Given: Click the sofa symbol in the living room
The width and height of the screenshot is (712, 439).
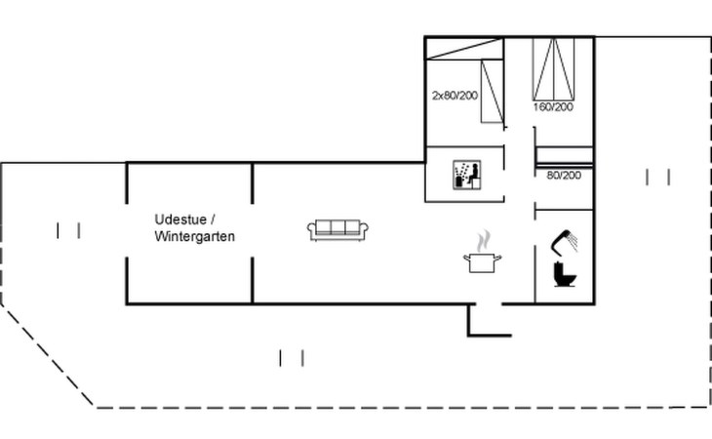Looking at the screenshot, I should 338,229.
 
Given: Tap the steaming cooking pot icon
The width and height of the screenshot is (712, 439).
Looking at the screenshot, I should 483,261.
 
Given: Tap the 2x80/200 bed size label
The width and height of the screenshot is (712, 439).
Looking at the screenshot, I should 455,96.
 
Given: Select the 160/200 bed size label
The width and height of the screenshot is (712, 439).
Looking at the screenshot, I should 553,106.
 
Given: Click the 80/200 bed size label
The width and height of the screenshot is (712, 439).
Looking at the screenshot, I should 564,176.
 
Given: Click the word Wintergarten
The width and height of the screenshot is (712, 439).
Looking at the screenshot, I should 194,236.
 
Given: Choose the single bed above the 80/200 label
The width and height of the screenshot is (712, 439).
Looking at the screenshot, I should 565,154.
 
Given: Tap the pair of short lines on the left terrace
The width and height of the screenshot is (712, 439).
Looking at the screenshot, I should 68,230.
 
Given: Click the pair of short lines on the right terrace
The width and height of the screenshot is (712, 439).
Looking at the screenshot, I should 658,177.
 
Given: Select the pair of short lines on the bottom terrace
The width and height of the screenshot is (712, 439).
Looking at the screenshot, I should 292,358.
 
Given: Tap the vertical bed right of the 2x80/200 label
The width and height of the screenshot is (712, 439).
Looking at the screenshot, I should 492,91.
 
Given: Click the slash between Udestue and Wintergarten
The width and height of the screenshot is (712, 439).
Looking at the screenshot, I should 213,219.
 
